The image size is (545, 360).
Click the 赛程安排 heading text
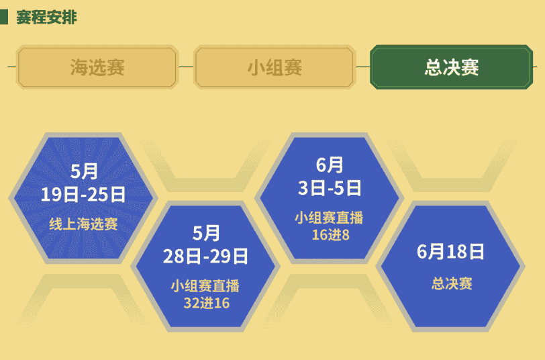pos(46,17)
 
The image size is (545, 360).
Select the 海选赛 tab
pos(97,67)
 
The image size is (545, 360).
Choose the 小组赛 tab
pos(275,67)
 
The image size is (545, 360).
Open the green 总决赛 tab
pos(452,67)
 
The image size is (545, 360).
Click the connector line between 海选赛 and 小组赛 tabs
pos(186,67)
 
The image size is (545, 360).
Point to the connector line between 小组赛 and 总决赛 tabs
pos(362,67)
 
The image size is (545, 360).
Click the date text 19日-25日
pos(83,195)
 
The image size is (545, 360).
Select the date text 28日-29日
pos(206,256)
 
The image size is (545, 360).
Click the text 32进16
pos(206,302)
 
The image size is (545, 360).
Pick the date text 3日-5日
pos(330,187)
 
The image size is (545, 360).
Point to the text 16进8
pos(330,234)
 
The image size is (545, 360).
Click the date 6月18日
pos(450,252)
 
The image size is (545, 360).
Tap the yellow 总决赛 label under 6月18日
pos(451,283)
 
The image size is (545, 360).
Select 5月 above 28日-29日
pos(206,233)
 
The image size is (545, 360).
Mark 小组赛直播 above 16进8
pos(328,218)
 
